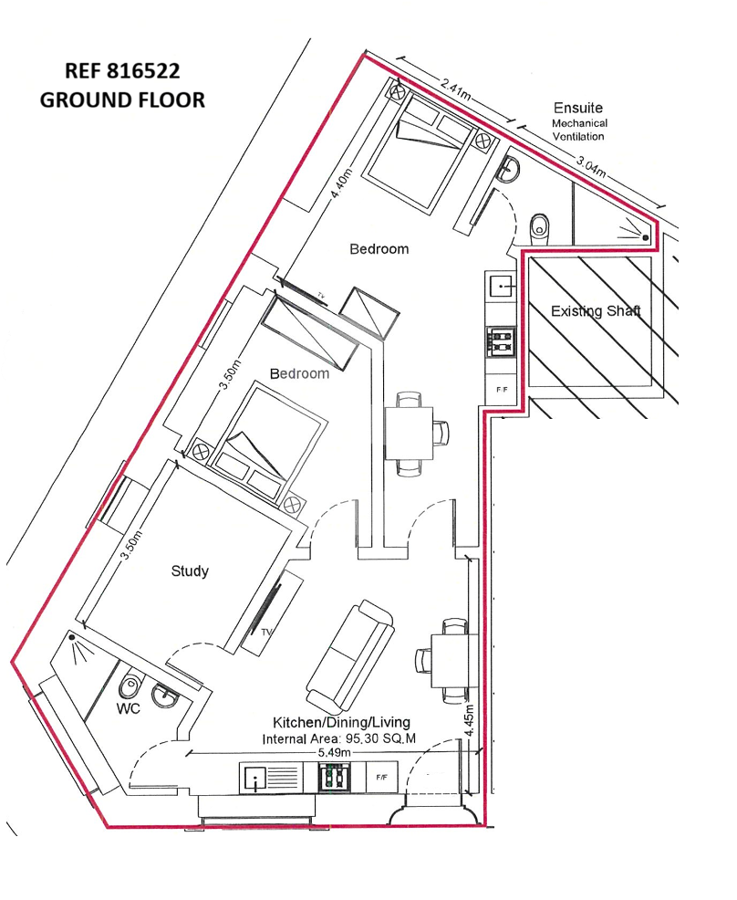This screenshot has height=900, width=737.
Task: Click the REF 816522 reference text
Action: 122,70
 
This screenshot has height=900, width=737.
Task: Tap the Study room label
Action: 190,571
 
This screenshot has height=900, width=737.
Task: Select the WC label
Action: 128,709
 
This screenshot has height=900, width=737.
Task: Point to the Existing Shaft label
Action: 596,311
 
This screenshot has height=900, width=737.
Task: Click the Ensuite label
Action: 578,108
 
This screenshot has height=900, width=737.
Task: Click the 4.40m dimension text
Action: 340,183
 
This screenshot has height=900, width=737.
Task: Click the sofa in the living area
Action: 350,654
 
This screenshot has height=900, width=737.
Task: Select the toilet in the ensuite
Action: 538,228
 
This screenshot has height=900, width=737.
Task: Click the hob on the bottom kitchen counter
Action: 334,778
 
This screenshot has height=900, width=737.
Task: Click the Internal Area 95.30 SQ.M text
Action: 339,738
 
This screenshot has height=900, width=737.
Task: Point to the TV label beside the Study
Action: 265,632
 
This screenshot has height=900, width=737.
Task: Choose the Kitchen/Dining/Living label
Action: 341,723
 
